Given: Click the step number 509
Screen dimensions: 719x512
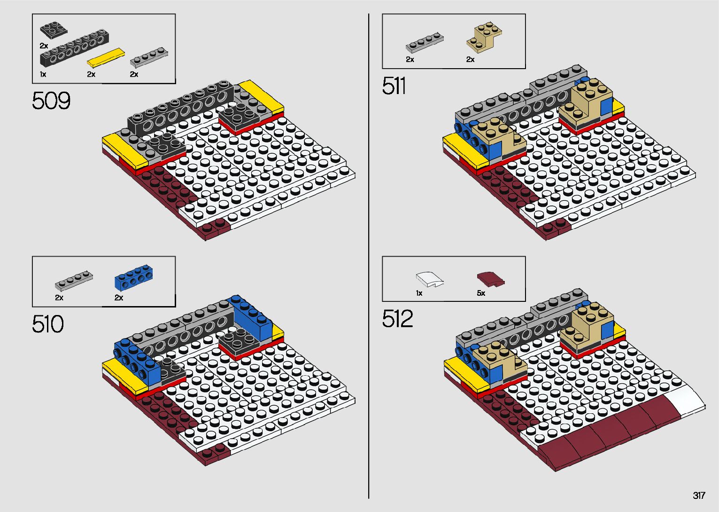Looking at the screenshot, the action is click(51, 101).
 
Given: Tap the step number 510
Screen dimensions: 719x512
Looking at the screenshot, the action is click(48, 324).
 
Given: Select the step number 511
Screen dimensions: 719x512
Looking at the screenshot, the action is click(394, 86).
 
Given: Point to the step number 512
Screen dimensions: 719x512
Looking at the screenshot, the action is click(397, 319).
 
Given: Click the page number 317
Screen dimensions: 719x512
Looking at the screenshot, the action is click(699, 496).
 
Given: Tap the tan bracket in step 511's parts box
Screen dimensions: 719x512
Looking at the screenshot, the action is click(484, 36).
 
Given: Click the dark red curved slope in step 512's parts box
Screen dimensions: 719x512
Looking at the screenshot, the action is click(490, 279).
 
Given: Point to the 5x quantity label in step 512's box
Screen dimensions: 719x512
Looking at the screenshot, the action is click(481, 293).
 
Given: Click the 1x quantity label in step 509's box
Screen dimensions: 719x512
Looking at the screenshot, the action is click(43, 74).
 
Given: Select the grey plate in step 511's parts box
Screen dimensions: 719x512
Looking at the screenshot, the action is click(425, 42).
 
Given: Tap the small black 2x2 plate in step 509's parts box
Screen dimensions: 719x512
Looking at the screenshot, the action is click(53, 31).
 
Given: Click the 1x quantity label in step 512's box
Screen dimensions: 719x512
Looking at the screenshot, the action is click(419, 293).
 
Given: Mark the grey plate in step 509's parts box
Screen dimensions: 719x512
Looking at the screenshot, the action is click(148, 57).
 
